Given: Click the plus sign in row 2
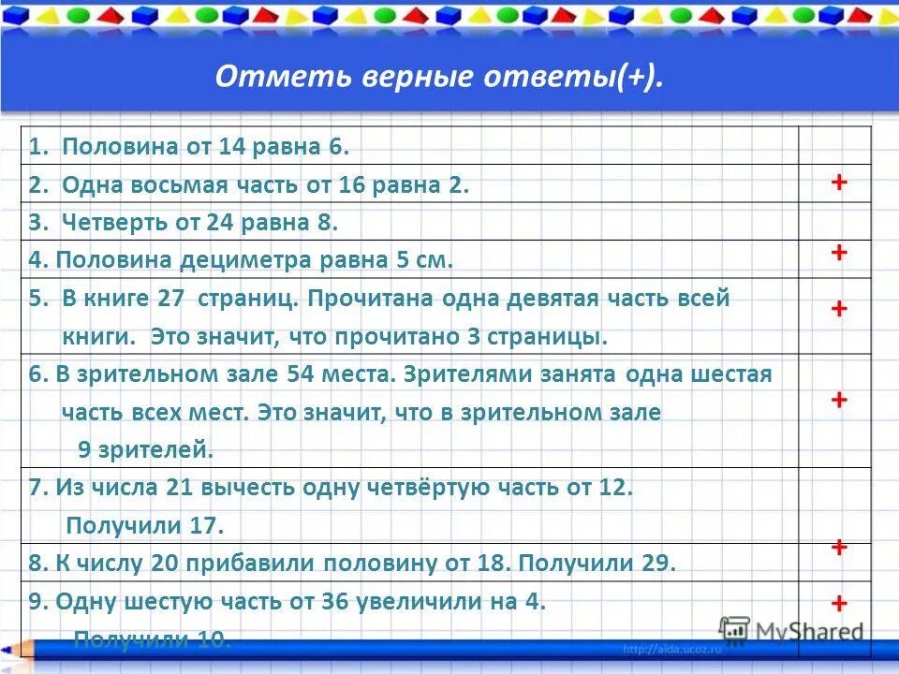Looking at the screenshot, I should tap(839, 183).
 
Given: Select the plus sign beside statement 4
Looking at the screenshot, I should tap(839, 253).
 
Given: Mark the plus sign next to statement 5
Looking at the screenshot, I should tap(839, 309).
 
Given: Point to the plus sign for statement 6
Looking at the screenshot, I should tap(839, 400).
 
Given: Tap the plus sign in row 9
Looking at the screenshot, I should tap(839, 603).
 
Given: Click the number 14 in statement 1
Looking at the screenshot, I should tap(230, 147).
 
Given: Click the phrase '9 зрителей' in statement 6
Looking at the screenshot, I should tap(146, 450).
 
